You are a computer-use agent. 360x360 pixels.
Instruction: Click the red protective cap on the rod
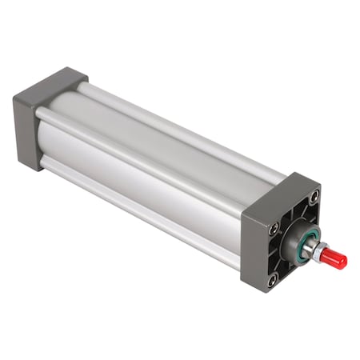(x=335, y=259)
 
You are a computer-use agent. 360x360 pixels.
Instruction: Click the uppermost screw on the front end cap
(x=314, y=195)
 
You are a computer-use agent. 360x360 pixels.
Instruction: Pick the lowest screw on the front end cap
(x=273, y=280)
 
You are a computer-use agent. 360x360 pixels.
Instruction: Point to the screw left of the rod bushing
(x=274, y=229)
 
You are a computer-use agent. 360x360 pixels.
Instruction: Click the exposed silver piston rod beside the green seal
(x=313, y=247)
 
